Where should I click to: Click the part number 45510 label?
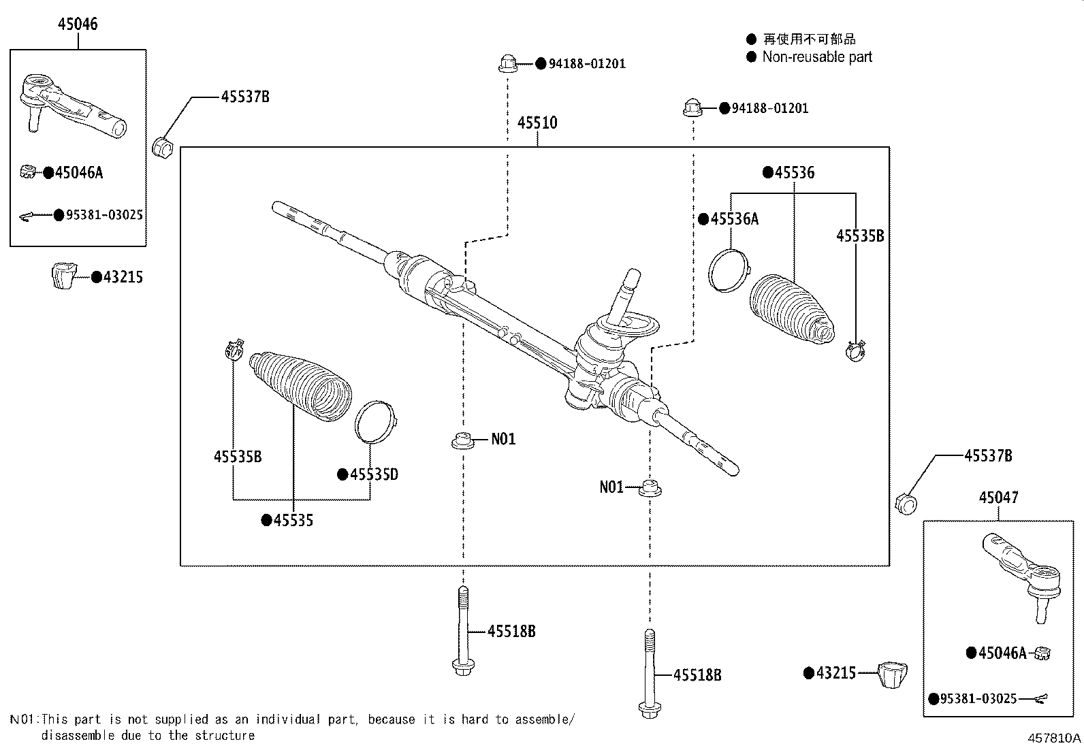537,123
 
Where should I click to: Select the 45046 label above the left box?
78,24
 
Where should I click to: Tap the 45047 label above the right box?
999,498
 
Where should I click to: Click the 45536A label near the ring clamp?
734,219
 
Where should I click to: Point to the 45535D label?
374,474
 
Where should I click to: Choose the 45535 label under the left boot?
293,521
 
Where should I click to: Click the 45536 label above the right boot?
794,173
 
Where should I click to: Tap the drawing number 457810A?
1054,738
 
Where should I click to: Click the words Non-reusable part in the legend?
816,57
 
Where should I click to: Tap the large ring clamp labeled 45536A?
727,270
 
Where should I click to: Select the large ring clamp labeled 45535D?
376,421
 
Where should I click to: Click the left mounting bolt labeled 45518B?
462,630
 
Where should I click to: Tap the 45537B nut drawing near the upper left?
164,147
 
